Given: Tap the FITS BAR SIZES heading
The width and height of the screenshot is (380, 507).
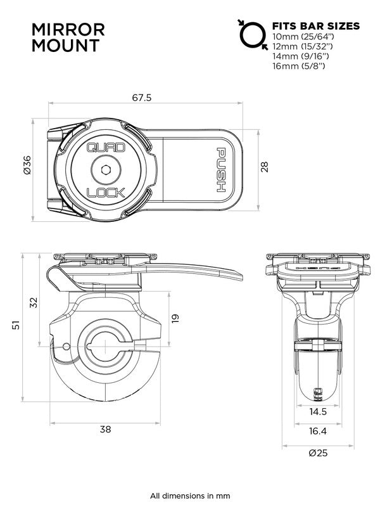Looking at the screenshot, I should [x=315, y=26].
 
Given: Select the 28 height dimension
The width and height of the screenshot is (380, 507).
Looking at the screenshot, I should [x=265, y=167].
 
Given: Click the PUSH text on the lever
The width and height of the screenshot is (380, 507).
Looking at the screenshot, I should [x=222, y=169].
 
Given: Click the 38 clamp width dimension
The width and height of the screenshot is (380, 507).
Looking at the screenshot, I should [x=105, y=429].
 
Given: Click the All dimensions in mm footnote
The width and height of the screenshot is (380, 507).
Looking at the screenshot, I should [x=190, y=495].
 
